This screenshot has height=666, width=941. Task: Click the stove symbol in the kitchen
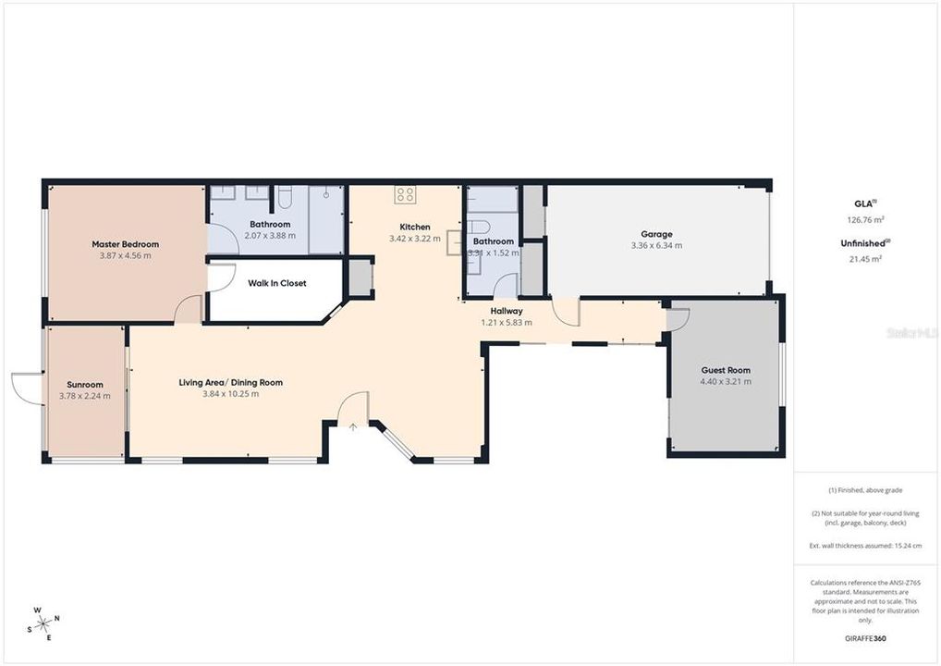pos(405,194)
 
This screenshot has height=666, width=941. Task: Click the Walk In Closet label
pos(276,283)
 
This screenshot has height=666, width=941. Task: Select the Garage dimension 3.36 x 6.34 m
pos(656,245)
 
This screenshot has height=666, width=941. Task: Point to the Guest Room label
pos(726,370)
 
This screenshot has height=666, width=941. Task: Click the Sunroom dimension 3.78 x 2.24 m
pos(84,396)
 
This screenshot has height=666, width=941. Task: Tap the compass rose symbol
pos(43,623)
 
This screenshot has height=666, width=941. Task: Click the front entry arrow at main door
pos(353,426)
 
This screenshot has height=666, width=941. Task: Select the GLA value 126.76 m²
pos(866,220)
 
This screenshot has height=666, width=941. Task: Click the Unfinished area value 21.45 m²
pos(866,259)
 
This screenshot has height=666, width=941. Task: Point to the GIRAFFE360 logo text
pos(866,638)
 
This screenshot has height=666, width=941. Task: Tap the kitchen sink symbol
pos(454,242)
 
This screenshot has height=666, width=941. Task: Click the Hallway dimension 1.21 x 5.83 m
pos(507,323)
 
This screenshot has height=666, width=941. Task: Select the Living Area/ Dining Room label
pos(230,382)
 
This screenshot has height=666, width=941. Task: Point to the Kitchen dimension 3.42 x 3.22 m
pos(414,239)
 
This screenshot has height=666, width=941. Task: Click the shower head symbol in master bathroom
pos(326,194)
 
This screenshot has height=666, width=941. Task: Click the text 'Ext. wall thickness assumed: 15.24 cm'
pos(866,547)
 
